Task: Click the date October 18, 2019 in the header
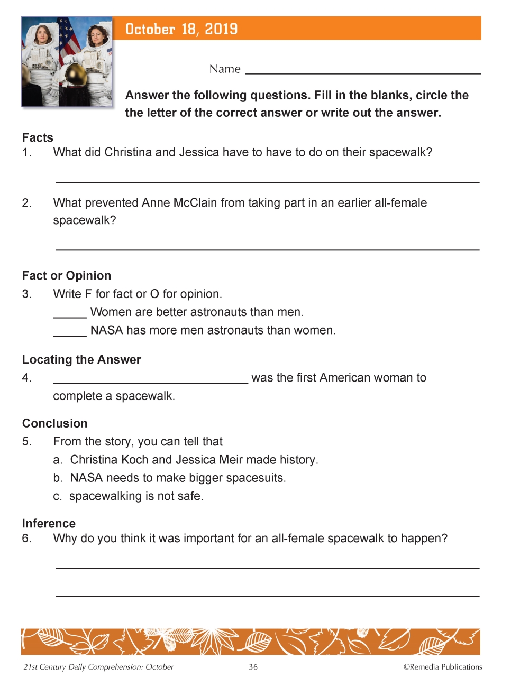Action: [x=181, y=29]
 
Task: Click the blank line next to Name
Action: [x=363, y=71]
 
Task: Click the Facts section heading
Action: [x=38, y=138]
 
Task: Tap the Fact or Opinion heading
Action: [x=67, y=276]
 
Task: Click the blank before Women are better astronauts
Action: [x=70, y=315]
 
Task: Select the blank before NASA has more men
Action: [x=70, y=333]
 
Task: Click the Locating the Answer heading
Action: [x=81, y=360]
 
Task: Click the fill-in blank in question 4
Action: [x=150, y=381]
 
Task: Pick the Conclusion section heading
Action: [x=55, y=424]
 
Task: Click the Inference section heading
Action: [x=49, y=524]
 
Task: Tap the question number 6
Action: [x=26, y=539]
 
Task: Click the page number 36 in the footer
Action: [x=253, y=667]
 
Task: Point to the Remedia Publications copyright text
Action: [x=443, y=667]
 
